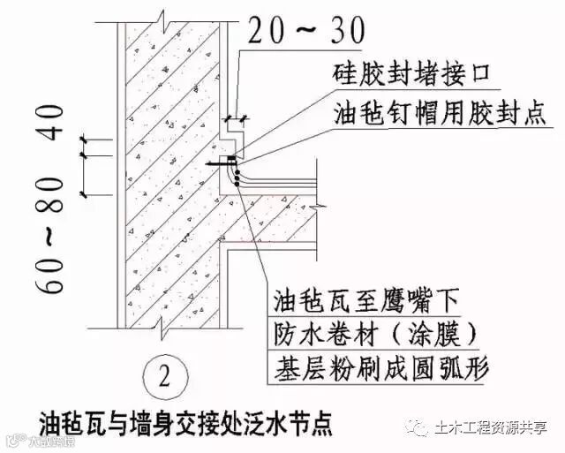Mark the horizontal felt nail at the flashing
pyautogui.click(x=222, y=163)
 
